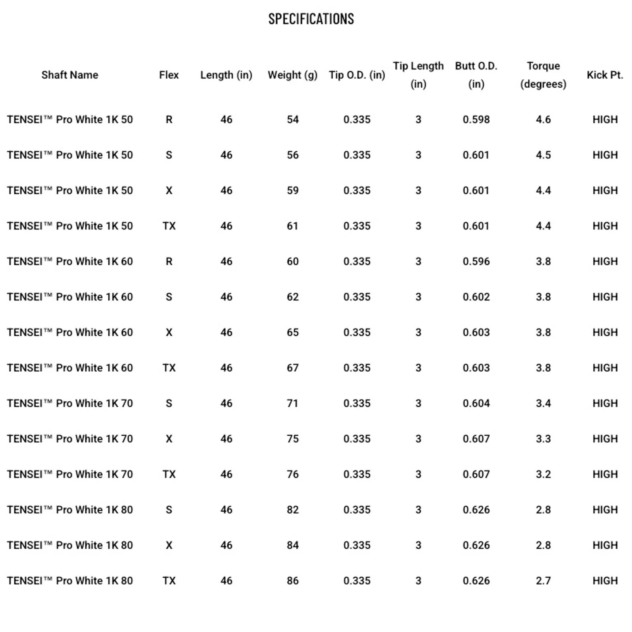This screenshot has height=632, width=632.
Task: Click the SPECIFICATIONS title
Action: pos(311,19)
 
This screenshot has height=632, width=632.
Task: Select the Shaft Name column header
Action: pos(70,75)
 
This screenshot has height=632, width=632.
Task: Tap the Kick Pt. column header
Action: pos(604,75)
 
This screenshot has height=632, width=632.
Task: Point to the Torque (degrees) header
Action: pos(543,75)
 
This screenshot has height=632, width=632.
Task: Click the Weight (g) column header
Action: pos(292,75)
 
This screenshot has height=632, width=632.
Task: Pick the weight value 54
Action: pos(292,119)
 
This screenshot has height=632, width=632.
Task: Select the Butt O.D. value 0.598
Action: pos(476,119)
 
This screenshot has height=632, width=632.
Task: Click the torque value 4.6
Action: pos(543,119)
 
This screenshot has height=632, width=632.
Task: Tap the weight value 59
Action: pos(292,190)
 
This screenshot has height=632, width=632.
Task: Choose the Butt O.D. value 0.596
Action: pos(476,261)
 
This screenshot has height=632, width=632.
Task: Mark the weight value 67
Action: pos(292,368)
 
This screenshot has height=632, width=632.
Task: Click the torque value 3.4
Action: pos(543,403)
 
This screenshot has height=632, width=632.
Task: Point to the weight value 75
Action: pos(292,439)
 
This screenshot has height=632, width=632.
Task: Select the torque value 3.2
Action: pos(543,474)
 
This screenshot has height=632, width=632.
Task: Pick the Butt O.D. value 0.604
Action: pos(476,403)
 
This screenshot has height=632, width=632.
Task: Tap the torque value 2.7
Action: pos(543,581)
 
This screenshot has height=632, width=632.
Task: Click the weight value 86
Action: pos(292,581)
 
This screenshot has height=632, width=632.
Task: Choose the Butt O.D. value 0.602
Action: pos(476,297)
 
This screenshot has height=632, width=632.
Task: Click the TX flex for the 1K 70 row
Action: pos(169,474)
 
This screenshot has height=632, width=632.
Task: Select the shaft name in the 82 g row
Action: pos(70,510)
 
